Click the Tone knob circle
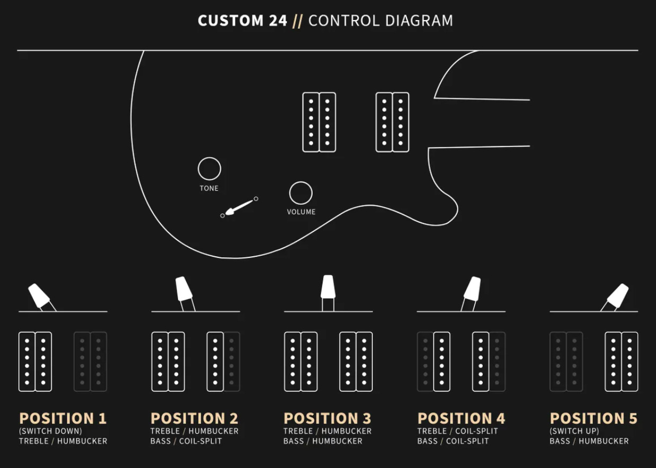pos(209,158)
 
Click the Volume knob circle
pos(301,182)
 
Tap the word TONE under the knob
pos(209,188)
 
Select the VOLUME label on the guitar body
pos(301,212)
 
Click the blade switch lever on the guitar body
pos(238,207)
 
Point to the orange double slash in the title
pos(298,21)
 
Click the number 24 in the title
pos(278,21)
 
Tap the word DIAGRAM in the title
pos(419,21)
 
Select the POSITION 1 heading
pos(63,418)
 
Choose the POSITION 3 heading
pos(327,418)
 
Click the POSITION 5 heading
pos(593,418)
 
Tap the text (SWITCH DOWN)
pos(50,431)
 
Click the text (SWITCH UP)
pos(574,431)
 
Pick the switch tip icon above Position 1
pos(39,295)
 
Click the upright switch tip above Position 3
pos(328,286)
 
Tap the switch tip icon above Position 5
pos(618,295)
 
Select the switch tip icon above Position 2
pos(184,289)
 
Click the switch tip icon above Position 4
pos(472,289)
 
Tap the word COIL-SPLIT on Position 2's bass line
pos(200,441)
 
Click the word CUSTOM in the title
pos(231,21)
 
